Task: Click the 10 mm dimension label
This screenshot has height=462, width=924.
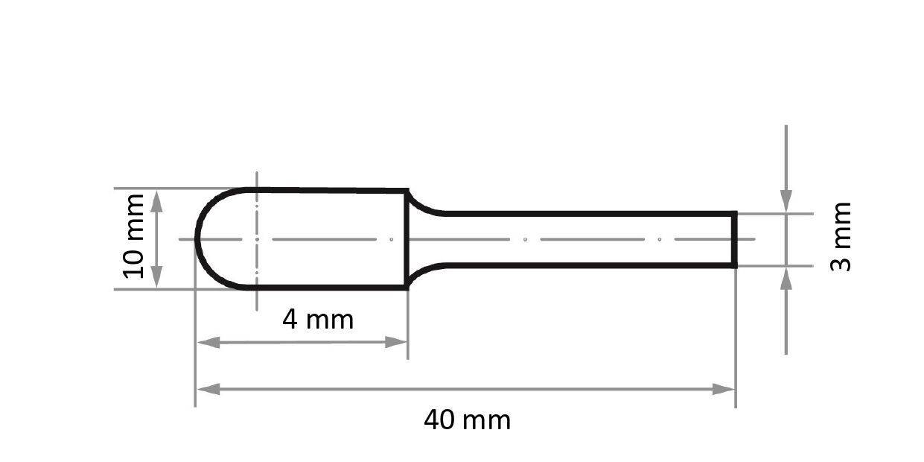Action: coord(134,235)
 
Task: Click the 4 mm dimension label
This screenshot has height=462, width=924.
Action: coord(318,320)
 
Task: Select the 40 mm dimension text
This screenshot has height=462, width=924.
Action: coord(467,420)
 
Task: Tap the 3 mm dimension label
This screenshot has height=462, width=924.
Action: coord(841,235)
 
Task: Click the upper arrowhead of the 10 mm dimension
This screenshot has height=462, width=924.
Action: coord(156,200)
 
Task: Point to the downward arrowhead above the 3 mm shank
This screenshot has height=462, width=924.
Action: coord(786,200)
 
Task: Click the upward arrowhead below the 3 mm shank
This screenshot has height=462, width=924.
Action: coord(786,278)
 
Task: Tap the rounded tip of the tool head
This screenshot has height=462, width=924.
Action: coord(197,239)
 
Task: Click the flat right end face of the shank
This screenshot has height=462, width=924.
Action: coord(735,239)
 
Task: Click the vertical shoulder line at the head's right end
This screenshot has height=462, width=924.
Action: coord(407,239)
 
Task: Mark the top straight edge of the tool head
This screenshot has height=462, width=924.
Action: coord(328,190)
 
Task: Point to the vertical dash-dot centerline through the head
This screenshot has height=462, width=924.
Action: coord(256,298)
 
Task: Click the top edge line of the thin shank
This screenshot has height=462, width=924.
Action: coord(588,213)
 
